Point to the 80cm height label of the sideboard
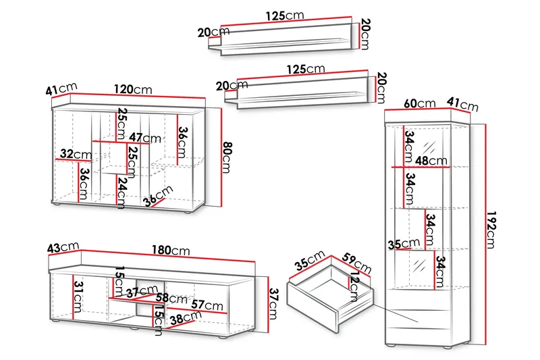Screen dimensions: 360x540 pyautogui.click(x=227, y=157)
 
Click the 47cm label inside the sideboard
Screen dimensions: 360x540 pyautogui.click(x=146, y=138)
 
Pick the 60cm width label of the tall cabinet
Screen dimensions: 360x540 pyautogui.click(x=419, y=104)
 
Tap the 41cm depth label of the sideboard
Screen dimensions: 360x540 pyautogui.click(x=62, y=89)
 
